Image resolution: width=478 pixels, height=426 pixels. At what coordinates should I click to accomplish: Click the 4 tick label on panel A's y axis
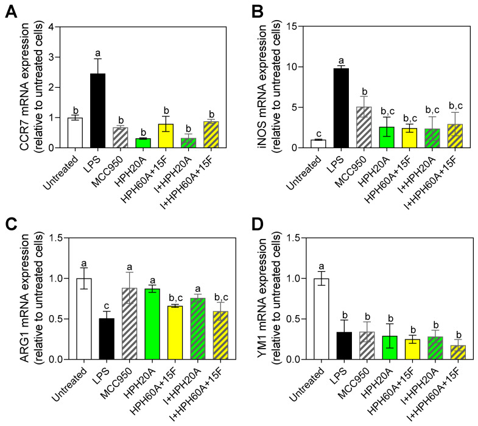click(x=44, y=27)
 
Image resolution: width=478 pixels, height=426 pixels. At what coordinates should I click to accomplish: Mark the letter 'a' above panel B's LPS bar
click(x=342, y=61)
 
